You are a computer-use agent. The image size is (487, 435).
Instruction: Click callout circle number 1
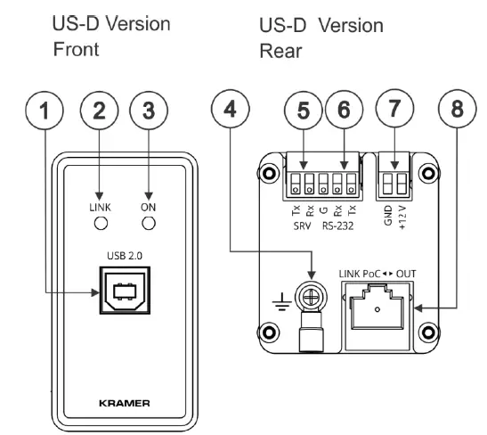(x=45, y=111)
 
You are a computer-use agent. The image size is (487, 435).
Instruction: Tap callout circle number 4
(x=230, y=109)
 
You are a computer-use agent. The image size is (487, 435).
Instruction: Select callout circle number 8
(x=457, y=109)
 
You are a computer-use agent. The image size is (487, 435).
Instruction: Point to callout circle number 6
(x=344, y=110)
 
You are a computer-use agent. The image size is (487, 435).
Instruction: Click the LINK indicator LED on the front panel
(x=101, y=223)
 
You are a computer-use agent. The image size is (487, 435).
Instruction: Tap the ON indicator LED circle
(x=149, y=223)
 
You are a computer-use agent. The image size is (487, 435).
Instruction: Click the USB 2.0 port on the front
(x=125, y=290)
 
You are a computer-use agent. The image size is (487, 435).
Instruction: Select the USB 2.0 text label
(x=125, y=256)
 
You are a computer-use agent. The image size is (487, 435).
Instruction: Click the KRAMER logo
(x=125, y=403)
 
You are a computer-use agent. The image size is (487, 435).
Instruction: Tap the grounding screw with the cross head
(x=311, y=300)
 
